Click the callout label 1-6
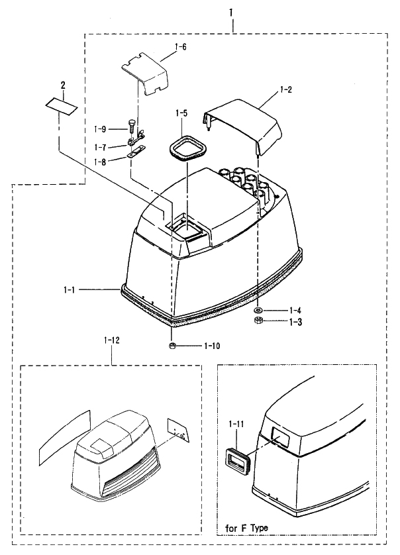point(181,47)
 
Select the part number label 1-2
point(285,89)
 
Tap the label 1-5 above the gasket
point(181,113)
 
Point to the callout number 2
point(63,85)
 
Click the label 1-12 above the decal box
point(112,340)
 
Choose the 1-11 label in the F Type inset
point(236,424)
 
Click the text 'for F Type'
point(247,529)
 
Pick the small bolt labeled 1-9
point(130,126)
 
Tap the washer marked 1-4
point(258,311)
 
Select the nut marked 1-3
point(258,321)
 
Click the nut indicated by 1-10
point(172,346)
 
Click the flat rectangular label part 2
point(61,106)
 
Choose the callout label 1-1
point(70,290)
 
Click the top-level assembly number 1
point(231,13)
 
